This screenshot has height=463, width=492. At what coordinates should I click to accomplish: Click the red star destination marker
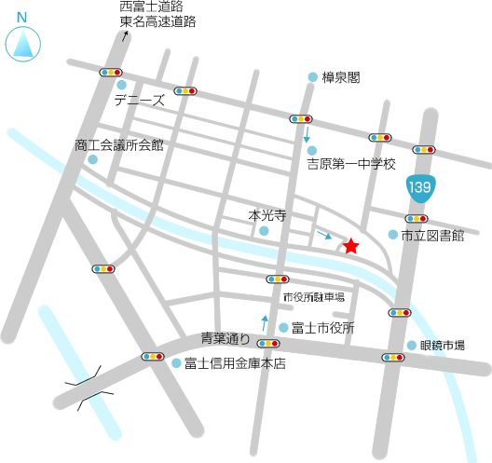(x=324, y=246)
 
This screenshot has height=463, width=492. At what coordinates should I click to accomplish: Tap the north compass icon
(x=21, y=41)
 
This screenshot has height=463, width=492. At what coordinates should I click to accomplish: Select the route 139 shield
(x=419, y=188)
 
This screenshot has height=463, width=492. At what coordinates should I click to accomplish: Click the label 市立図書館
(x=432, y=236)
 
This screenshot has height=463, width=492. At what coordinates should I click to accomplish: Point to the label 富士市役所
(x=322, y=328)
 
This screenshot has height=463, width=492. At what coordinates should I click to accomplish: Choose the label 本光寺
(x=266, y=214)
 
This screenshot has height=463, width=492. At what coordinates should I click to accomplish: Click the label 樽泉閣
(x=341, y=77)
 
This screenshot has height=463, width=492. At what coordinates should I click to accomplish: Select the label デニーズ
(x=139, y=100)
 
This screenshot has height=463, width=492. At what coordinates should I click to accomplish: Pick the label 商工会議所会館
(x=119, y=145)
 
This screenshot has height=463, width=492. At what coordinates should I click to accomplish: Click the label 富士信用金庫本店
(x=234, y=363)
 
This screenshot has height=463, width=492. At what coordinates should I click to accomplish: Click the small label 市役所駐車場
(x=314, y=297)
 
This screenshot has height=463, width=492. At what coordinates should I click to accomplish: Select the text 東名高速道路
(x=157, y=21)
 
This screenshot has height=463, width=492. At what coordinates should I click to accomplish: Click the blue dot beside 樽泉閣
(x=312, y=77)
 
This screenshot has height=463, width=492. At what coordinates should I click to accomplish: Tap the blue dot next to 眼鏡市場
(x=411, y=346)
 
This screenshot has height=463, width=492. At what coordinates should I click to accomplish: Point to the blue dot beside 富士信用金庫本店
(x=175, y=363)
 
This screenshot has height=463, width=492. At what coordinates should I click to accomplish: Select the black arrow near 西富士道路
(x=126, y=36)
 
